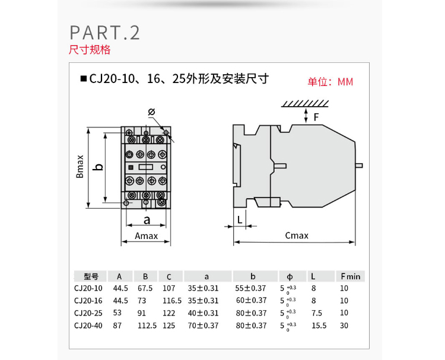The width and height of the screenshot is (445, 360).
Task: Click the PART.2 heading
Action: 104,32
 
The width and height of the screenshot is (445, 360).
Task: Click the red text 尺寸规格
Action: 90,50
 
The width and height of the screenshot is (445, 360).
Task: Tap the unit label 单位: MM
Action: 330,82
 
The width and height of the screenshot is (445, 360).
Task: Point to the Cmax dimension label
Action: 297,235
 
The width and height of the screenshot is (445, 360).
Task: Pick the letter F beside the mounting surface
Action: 316,117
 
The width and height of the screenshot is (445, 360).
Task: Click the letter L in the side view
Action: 239,219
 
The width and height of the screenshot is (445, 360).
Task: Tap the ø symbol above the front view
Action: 151,112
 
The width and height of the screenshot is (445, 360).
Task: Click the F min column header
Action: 350,276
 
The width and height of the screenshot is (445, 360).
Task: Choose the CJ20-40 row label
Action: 88,325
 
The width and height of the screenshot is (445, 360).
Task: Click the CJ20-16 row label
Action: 88,301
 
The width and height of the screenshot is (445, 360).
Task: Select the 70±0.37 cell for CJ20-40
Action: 204,325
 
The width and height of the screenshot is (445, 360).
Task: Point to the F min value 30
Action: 345,325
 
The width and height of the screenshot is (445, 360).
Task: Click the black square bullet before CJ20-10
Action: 83,78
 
